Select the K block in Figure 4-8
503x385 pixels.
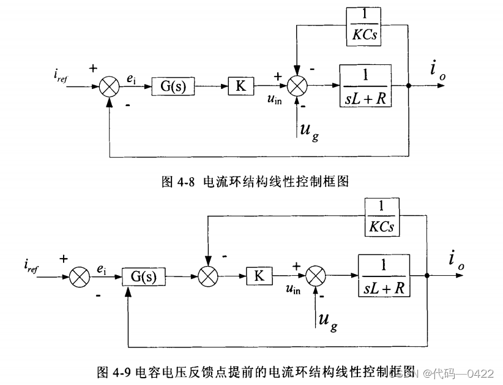[240, 86]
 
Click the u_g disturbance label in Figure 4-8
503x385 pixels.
[308, 131]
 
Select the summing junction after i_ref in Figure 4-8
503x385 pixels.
[110, 86]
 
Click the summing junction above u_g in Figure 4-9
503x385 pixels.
[316, 276]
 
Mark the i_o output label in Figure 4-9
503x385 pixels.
[456, 260]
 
